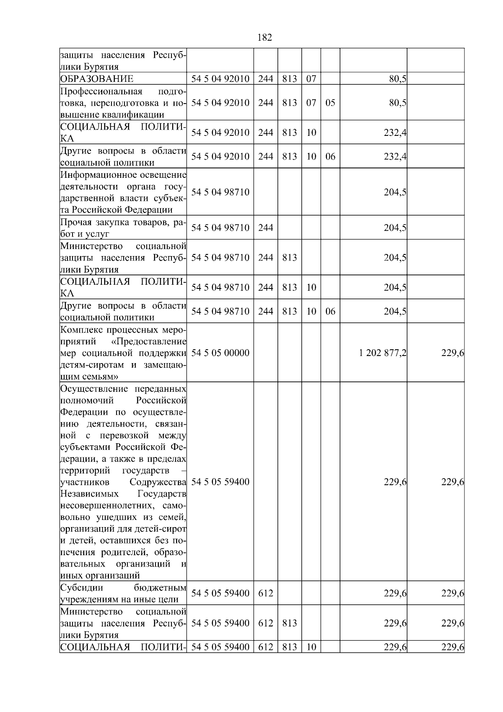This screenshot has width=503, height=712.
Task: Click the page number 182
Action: coord(264,38)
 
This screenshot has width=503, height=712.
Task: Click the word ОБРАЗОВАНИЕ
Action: coord(97,79)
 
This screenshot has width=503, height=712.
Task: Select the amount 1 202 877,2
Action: coord(382,353)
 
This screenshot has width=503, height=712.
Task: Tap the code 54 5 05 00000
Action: coord(220,353)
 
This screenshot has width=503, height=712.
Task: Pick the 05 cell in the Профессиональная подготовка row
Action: coord(330,103)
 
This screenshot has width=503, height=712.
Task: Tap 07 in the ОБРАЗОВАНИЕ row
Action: coord(311,79)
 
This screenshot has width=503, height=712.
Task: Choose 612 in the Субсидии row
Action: coord(265,593)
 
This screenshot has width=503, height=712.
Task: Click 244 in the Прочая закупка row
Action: coord(265,228)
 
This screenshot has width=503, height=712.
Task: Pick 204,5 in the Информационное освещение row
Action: coord(395,192)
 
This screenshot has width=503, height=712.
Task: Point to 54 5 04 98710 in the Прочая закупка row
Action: coord(220,228)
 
